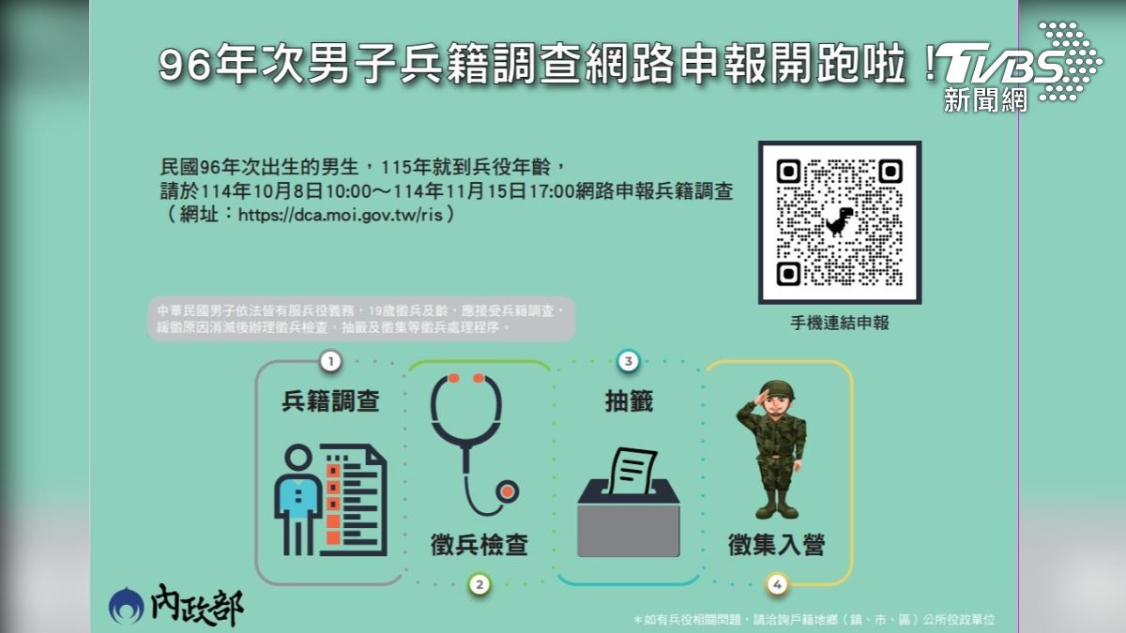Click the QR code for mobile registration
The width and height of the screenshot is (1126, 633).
[x=840, y=222]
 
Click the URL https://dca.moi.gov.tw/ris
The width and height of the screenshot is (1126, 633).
[x=341, y=215]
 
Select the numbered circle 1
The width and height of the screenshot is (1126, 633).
[x=330, y=361]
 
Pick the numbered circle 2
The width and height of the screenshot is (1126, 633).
[x=479, y=584]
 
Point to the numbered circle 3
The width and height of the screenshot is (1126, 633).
[x=628, y=361]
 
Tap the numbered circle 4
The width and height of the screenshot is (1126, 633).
[x=777, y=584]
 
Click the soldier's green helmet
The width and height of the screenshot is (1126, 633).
[x=777, y=390]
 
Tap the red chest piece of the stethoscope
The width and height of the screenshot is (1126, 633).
[x=508, y=491]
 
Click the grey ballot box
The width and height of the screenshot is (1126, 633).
[x=629, y=518]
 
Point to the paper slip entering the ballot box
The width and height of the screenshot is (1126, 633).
[x=632, y=471]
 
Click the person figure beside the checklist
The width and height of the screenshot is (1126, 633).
[x=297, y=499]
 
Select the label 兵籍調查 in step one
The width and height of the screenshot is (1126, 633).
[x=330, y=401]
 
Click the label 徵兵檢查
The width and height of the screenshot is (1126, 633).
[x=479, y=545]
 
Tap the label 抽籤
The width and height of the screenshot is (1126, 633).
[x=629, y=401]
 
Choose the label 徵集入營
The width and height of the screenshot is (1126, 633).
[x=777, y=545]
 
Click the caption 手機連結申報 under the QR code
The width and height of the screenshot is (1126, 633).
[x=840, y=323]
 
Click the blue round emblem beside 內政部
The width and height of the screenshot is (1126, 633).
[x=126, y=606]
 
